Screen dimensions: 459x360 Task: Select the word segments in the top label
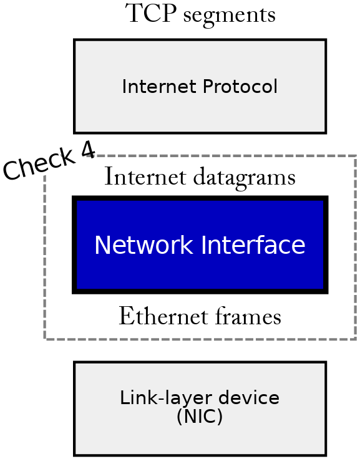tap(229, 15)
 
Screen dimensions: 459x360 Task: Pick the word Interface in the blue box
tap(253, 245)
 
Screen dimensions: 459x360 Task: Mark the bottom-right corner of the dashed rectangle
tap(355, 339)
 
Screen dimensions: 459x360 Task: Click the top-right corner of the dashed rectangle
tap(355, 156)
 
